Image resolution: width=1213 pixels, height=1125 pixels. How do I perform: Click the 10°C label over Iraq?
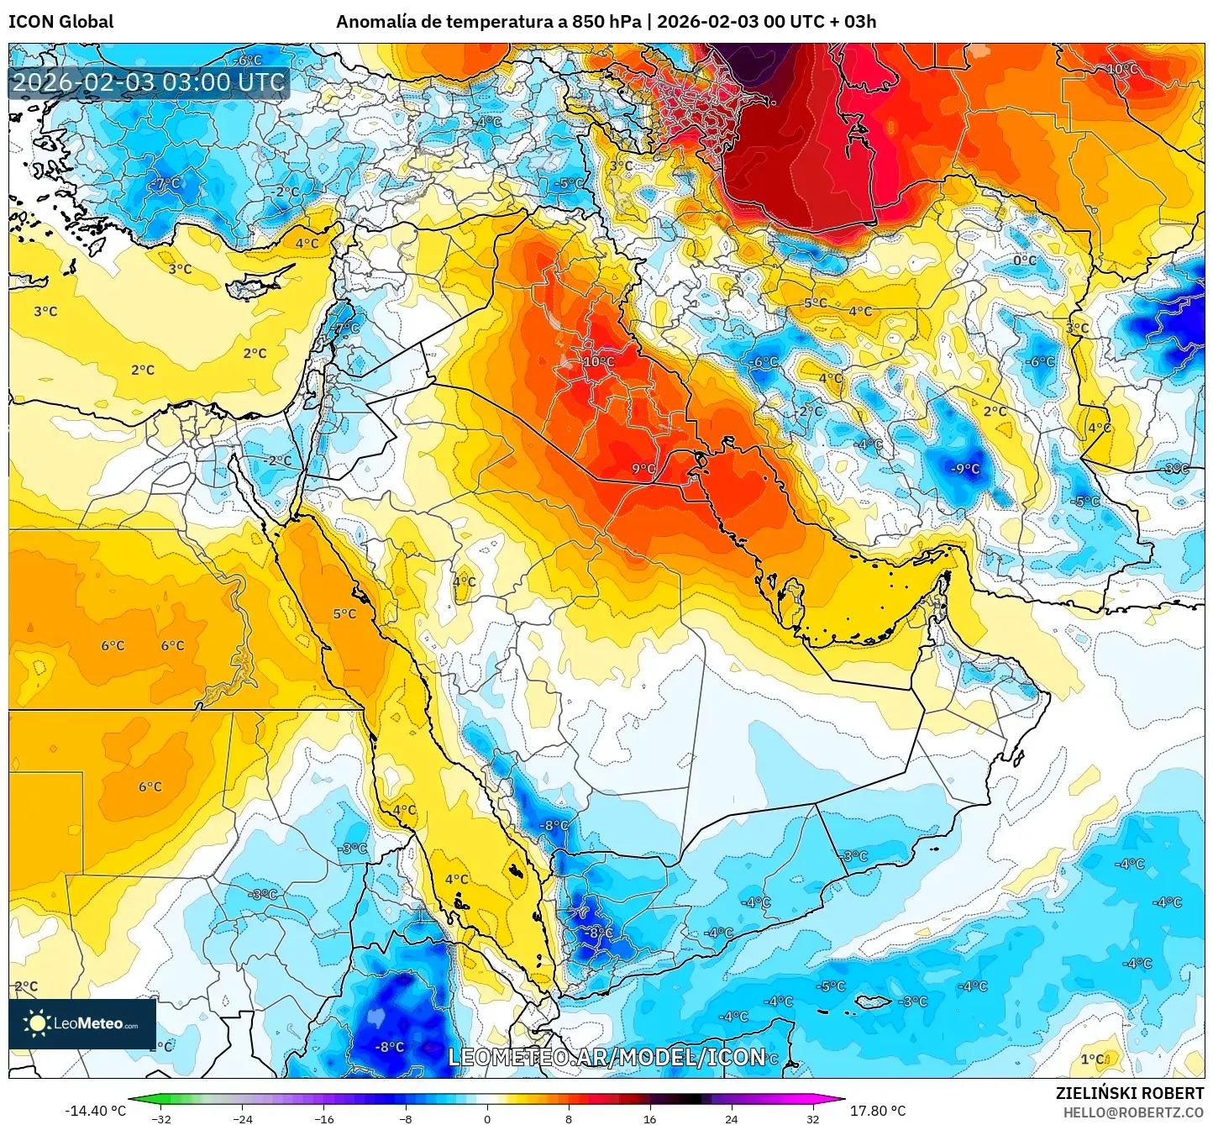[599, 361]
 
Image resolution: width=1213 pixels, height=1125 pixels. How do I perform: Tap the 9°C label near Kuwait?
[643, 469]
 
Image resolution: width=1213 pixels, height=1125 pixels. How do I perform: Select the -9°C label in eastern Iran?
[966, 469]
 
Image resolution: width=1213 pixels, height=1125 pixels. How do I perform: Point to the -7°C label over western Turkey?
[166, 183]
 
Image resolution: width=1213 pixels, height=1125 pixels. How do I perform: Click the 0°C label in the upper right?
[1025, 260]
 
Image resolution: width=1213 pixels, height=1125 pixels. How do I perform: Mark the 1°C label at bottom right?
[1092, 1059]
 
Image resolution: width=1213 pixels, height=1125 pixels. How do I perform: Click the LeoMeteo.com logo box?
[82, 1023]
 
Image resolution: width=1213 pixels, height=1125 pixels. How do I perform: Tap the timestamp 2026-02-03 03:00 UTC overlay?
[149, 82]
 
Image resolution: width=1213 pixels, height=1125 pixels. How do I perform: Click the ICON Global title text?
[60, 22]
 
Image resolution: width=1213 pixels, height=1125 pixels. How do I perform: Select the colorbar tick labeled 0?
[487, 1118]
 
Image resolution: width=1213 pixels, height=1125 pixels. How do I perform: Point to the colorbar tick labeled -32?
[161, 1118]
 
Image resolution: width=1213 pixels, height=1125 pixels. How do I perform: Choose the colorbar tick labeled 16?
[649, 1118]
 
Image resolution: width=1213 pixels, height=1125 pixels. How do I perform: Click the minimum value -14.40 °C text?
[95, 1111]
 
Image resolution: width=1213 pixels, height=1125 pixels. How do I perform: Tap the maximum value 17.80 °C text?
[878, 1111]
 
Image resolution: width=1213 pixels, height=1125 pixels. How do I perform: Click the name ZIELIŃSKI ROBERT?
[1130, 1093]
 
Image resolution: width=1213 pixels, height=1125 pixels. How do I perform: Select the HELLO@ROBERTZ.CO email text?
[1133, 1112]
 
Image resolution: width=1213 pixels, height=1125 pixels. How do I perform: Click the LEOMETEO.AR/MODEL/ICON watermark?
[606, 1057]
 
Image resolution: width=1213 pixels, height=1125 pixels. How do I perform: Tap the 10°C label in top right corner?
[1122, 69]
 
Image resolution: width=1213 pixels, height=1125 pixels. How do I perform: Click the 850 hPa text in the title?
[606, 22]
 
